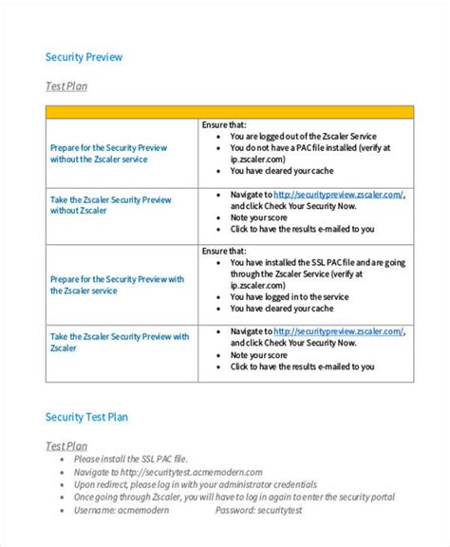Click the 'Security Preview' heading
click(x=84, y=57)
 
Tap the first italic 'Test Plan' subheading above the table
click(x=66, y=87)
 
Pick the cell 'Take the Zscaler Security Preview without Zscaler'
click(x=110, y=206)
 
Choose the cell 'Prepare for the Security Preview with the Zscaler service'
click(x=116, y=285)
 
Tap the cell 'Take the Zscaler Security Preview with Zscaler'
click(x=119, y=342)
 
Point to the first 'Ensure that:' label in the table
click(x=224, y=124)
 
